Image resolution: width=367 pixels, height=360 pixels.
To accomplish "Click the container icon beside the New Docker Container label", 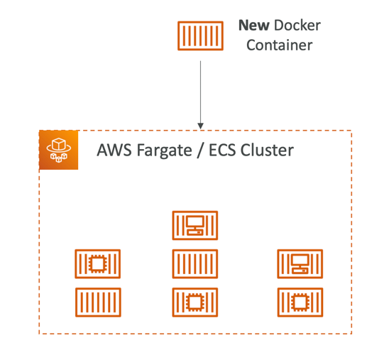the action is click(x=200, y=36).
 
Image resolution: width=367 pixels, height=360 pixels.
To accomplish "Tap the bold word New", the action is click(x=254, y=26).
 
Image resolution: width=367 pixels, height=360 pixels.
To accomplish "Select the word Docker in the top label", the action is click(x=297, y=26).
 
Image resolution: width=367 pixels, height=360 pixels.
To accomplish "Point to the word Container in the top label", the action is click(x=280, y=45).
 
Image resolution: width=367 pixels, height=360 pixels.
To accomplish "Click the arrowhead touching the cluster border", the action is click(x=201, y=126).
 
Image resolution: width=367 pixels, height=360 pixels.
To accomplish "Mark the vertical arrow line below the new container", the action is click(x=201, y=92).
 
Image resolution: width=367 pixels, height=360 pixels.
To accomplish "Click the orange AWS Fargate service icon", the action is click(x=59, y=150).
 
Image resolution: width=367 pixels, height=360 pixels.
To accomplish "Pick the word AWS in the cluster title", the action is click(x=114, y=150).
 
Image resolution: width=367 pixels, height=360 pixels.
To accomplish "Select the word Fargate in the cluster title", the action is click(x=165, y=151).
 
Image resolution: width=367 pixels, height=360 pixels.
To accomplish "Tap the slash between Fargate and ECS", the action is click(x=200, y=150).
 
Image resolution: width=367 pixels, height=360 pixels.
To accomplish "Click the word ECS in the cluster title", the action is click(x=222, y=150).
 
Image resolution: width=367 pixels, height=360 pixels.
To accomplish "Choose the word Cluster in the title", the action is click(x=267, y=150).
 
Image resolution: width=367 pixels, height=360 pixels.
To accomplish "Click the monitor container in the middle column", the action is click(x=195, y=225).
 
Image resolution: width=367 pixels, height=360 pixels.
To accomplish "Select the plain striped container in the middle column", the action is click(x=195, y=263).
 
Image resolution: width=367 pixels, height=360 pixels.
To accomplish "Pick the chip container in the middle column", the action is click(x=195, y=302).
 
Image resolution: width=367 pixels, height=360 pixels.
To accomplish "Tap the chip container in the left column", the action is click(x=98, y=263).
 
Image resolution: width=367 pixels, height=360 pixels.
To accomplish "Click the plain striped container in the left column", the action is click(x=98, y=302).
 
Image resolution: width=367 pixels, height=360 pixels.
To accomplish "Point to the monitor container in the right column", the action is click(x=300, y=263).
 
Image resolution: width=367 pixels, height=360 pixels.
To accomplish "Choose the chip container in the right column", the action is click(x=300, y=302).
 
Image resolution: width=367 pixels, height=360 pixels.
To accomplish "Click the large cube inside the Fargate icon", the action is click(x=59, y=144).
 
